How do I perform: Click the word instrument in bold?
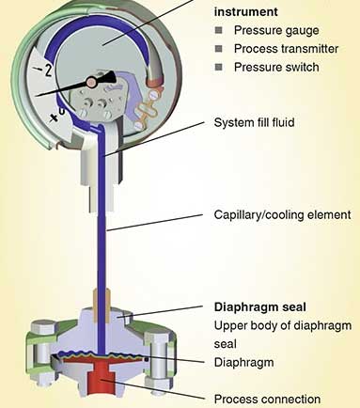pos(246,12)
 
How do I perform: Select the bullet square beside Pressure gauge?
pos(219,30)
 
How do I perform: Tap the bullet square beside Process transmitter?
pos(219,49)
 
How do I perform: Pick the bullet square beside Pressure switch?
pos(219,67)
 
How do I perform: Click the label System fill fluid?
pos(254,122)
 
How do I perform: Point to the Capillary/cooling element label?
pos(282,215)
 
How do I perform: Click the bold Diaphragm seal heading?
pos(260,307)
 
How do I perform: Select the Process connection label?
pos(267,400)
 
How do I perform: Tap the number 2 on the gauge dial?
pos(48,71)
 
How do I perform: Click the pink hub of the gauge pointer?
pos(91,82)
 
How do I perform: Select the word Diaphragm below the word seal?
pos(243,363)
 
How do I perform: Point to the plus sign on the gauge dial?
pos(55,118)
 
